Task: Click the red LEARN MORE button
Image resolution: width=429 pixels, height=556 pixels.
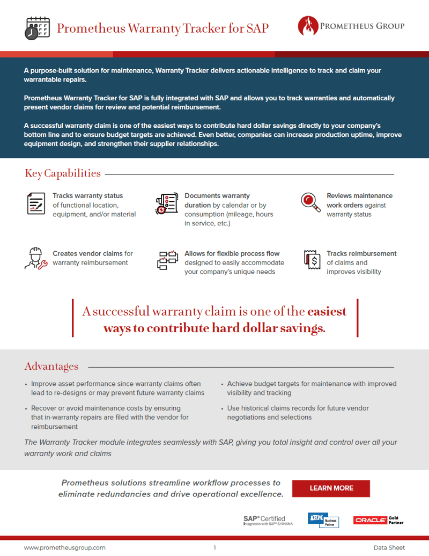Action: (331, 488)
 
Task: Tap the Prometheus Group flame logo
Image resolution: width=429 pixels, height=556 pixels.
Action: (307, 25)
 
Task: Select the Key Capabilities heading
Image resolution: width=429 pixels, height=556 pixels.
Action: (63, 173)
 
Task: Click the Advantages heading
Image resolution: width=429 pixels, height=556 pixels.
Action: (51, 367)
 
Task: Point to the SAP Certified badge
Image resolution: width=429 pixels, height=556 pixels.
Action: (264, 520)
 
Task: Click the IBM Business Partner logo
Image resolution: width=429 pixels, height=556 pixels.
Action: (323, 520)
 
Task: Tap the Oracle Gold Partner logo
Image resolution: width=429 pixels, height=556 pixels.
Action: (378, 520)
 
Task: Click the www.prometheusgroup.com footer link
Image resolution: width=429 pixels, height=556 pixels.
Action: (64, 547)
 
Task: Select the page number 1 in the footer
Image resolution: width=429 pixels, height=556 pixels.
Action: (214, 547)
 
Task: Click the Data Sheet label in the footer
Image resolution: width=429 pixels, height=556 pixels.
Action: (389, 547)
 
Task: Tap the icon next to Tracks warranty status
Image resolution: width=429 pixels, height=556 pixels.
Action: (36, 204)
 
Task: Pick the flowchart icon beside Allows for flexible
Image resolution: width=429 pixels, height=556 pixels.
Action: (167, 259)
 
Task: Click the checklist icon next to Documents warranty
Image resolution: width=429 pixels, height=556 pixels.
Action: (167, 204)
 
